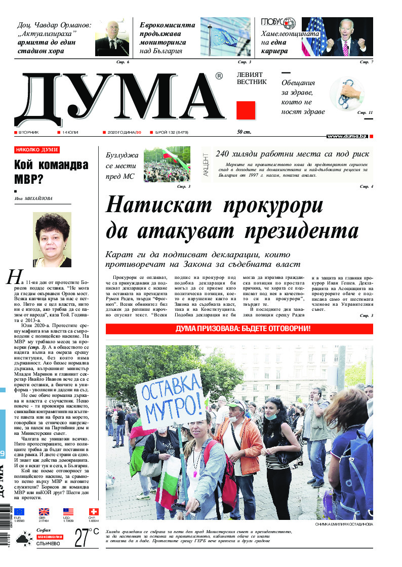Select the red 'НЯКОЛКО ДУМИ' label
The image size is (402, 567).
tap(37, 150)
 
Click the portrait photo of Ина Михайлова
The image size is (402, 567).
tap(52, 240)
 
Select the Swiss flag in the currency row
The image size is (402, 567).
tap(93, 511)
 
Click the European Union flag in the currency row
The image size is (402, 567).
tap(19, 511)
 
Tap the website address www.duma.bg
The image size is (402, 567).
tap(347, 136)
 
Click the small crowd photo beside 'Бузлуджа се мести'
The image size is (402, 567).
tap(167, 164)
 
